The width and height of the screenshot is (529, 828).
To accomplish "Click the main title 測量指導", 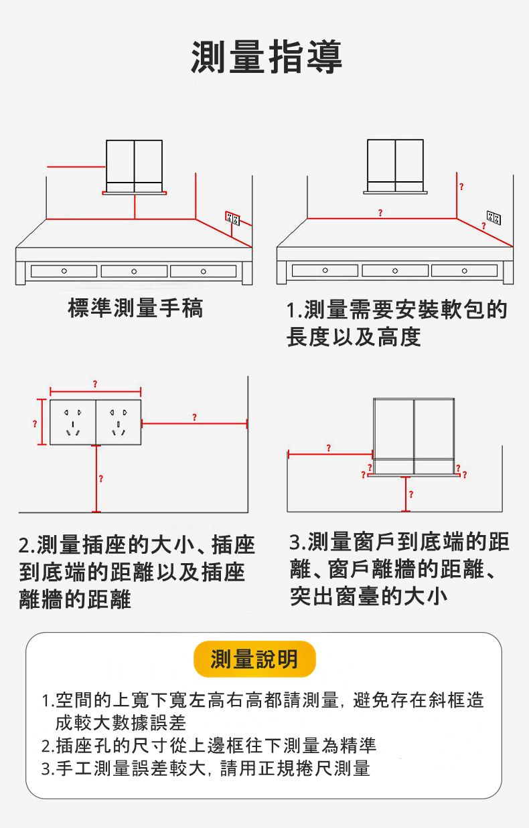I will click(x=267, y=57).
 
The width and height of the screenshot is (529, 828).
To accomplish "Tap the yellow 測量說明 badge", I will click(x=254, y=659).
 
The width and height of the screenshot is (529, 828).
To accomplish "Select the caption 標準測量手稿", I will click(x=135, y=308).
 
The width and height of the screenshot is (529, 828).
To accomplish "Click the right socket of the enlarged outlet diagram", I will click(x=118, y=422).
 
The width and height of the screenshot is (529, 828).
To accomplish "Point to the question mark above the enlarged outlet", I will click(x=95, y=383).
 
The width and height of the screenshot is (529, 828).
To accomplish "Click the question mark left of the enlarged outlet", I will click(x=33, y=423).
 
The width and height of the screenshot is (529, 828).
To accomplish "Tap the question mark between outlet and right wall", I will click(x=194, y=417).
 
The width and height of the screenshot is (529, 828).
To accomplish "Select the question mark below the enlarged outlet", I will click(x=100, y=478).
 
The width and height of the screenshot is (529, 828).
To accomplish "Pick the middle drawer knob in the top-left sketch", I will click(x=135, y=271).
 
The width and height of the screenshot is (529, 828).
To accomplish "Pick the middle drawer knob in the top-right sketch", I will click(x=396, y=271).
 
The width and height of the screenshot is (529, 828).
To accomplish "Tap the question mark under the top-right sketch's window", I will click(x=380, y=213).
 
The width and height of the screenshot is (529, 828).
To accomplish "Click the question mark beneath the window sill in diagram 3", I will click(x=410, y=494).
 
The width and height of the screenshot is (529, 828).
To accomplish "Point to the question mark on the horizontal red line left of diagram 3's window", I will click(x=328, y=447).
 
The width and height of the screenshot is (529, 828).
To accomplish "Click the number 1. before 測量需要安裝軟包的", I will click(x=293, y=310).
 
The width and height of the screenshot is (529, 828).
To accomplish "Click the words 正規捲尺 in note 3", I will click(x=277, y=768).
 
